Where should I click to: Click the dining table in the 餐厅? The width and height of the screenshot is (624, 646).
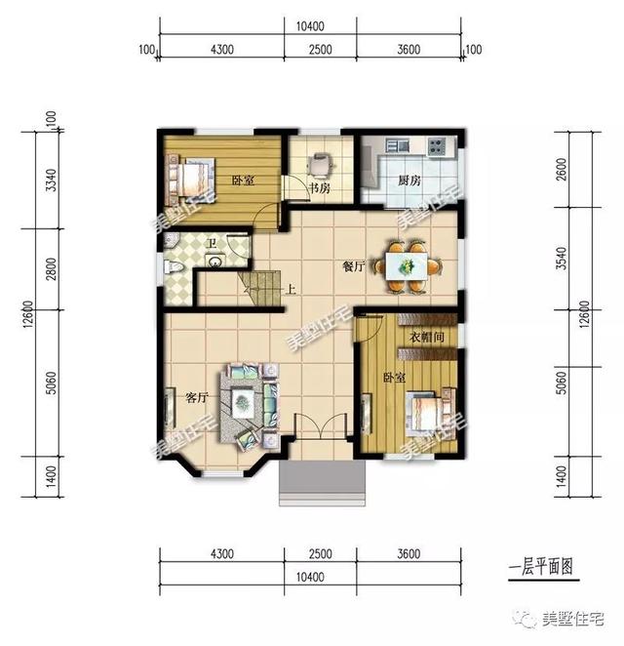[408, 263]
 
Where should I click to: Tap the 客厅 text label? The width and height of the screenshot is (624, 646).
[198, 397]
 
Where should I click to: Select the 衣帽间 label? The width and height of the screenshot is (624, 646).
[426, 338]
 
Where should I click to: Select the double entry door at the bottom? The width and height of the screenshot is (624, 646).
[319, 429]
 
